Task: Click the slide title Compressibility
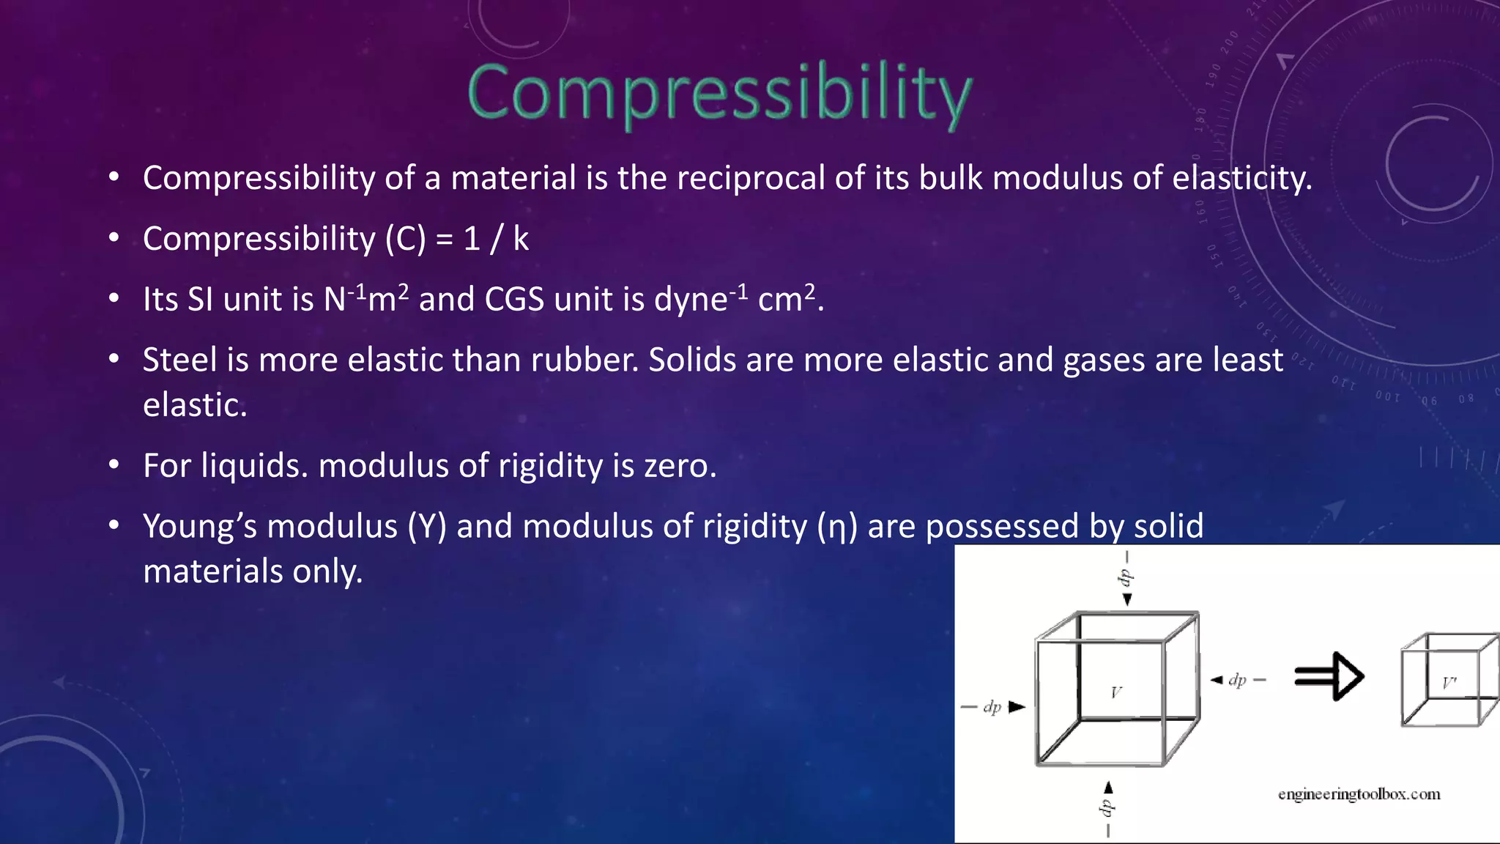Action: (x=719, y=93)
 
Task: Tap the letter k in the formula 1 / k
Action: (x=520, y=239)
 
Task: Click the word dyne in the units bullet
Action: (x=691, y=300)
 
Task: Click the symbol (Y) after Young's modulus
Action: (x=427, y=527)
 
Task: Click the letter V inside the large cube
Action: (x=1115, y=692)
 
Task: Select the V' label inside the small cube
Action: (x=1449, y=684)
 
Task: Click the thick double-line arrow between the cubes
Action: (x=1329, y=676)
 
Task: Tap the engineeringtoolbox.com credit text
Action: (x=1359, y=794)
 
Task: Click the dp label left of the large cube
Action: (x=992, y=707)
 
